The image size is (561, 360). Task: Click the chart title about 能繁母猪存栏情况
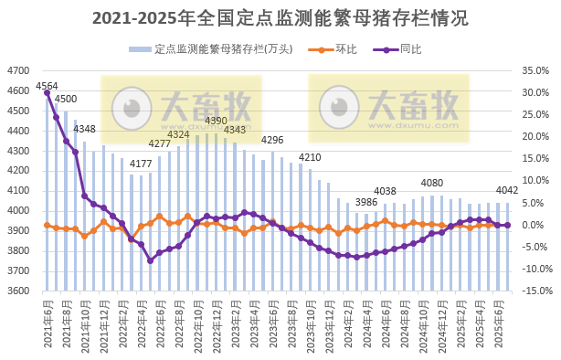click(x=280, y=17)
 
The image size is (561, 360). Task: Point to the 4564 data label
click(x=48, y=87)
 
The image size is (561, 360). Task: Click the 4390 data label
click(x=217, y=121)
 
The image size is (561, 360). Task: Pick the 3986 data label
click(x=366, y=202)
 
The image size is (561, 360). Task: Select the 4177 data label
click(x=141, y=164)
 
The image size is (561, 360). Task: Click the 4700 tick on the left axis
click(x=17, y=70)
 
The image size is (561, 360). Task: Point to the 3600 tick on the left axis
click(x=17, y=291)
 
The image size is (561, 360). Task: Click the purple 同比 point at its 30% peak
click(x=47, y=93)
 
